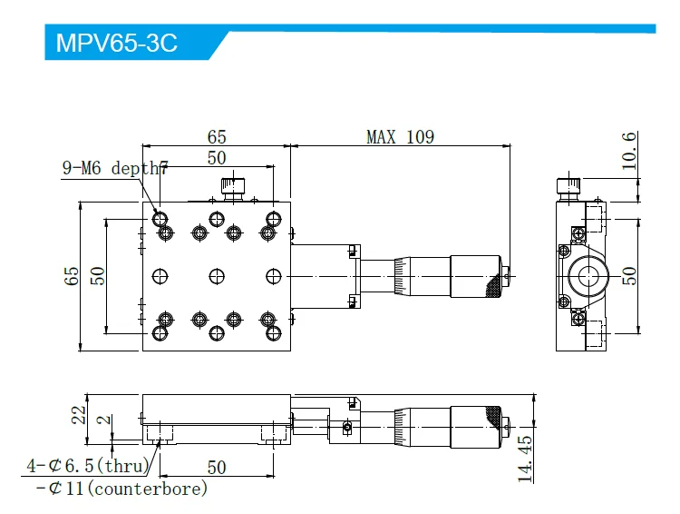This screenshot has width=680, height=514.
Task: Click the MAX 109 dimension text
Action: coord(400,137)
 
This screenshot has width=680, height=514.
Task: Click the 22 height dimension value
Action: coord(80,414)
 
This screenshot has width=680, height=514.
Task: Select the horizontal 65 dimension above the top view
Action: coord(216,137)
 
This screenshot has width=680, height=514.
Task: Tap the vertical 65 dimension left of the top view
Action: coord(73,276)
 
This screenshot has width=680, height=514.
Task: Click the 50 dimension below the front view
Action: coord(216,467)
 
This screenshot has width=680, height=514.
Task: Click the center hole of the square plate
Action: coord(216,276)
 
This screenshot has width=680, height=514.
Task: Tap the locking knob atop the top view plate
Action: coord(233,188)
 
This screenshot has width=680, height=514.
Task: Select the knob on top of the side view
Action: coord(568,186)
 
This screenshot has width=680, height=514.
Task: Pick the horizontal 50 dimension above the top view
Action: coord(216,158)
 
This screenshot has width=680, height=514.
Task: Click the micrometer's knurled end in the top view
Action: coord(493,276)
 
